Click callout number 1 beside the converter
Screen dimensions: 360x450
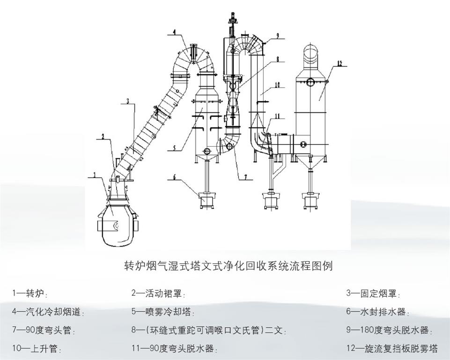coord(95,175)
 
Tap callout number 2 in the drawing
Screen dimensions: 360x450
coord(103,136)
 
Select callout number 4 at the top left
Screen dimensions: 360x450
coord(174,32)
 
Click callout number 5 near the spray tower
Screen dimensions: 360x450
coord(173,148)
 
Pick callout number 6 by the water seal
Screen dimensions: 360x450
coord(174,178)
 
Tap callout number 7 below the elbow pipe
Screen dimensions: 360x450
coord(244,177)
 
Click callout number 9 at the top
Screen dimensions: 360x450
coord(277,36)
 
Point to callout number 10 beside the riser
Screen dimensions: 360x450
coord(277,85)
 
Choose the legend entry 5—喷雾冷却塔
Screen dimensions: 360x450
coord(163,312)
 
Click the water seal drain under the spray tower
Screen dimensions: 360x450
coord(206,200)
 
